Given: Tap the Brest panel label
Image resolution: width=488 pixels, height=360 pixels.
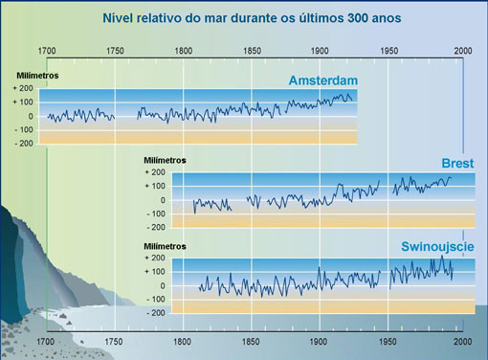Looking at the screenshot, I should (x=457, y=163).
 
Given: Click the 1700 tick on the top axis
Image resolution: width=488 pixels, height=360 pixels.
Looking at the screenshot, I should (x=47, y=50).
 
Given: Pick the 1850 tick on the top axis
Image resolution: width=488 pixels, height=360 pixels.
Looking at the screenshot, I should (x=252, y=50).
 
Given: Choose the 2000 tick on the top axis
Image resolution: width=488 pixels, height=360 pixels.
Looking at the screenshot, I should (x=463, y=50).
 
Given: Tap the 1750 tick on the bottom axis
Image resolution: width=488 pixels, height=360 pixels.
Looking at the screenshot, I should (x=114, y=341).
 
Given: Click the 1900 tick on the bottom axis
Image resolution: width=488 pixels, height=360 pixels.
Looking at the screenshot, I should (x=320, y=341).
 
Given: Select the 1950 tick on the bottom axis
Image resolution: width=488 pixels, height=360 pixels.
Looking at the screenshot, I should (x=388, y=341).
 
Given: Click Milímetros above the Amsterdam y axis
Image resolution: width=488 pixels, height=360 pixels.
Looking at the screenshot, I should (x=37, y=74).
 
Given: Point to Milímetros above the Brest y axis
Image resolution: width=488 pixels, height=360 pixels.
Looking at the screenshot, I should (x=165, y=159).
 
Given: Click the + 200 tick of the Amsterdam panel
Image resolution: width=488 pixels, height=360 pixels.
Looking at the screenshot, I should (x=24, y=88).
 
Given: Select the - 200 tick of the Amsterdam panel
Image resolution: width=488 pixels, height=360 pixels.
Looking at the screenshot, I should (x=24, y=143).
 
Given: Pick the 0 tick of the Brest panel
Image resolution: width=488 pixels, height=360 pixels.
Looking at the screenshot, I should (x=163, y=200).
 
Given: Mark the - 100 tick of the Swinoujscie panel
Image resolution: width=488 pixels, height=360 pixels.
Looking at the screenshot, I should (x=156, y=299).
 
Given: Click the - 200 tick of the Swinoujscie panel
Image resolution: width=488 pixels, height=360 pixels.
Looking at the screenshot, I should (x=156, y=312).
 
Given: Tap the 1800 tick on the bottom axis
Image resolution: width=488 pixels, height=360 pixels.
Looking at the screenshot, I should (x=182, y=341).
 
